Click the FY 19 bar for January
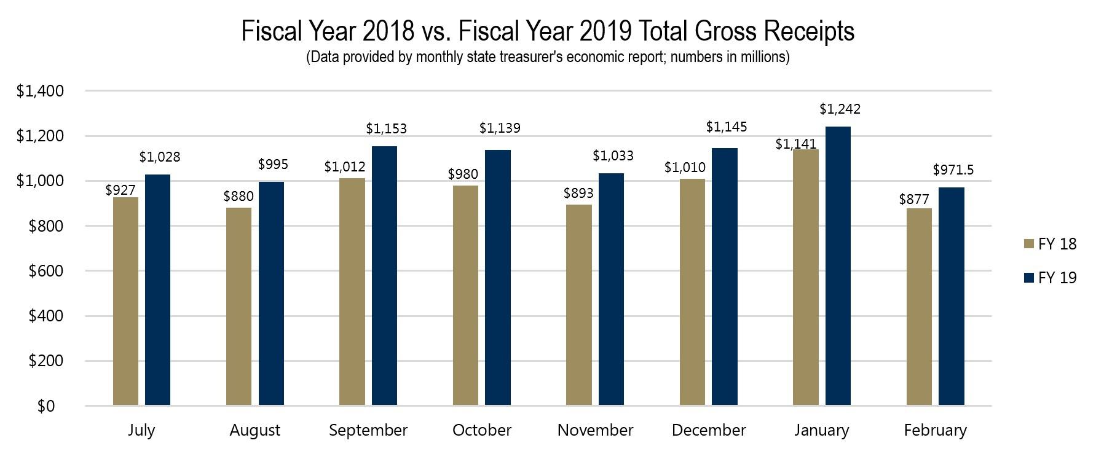click(x=838, y=265)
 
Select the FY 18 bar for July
click(x=125, y=301)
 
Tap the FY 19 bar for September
click(x=384, y=275)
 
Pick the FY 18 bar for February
click(x=919, y=307)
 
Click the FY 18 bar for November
click(x=578, y=305)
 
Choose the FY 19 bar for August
click(x=271, y=293)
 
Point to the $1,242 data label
click(x=840, y=109)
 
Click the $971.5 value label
click(x=953, y=170)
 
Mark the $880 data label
click(x=239, y=197)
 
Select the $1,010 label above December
click(x=685, y=167)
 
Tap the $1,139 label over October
click(x=499, y=128)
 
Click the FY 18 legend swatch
click(x=1029, y=244)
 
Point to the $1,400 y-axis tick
click(x=40, y=91)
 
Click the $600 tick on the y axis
click(x=45, y=271)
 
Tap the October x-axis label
click(x=481, y=430)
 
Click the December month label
click(x=708, y=430)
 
